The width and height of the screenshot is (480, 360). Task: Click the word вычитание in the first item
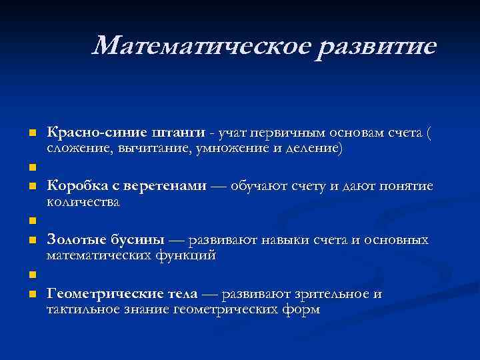tap(155, 149)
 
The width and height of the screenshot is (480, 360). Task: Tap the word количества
tap(83, 202)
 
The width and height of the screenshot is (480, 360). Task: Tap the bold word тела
tap(181, 293)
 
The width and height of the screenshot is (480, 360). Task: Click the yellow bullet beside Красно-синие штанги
tap(31, 133)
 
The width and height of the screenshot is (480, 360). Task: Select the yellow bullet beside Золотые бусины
tap(31, 240)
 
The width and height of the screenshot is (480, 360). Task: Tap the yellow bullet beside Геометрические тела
tap(31, 294)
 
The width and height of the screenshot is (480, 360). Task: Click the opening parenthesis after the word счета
tap(429, 133)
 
